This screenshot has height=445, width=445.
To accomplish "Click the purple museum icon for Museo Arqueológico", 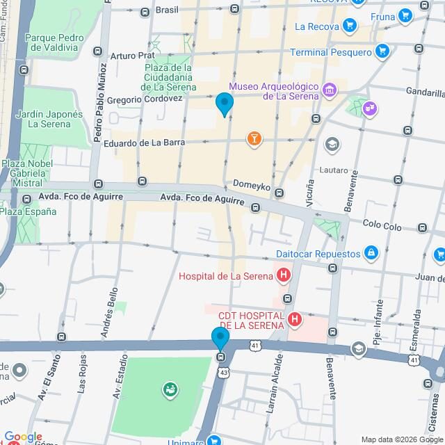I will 330,90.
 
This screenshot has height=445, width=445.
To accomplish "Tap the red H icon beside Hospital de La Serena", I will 283,276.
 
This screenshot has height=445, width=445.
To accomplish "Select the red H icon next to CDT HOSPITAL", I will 295,320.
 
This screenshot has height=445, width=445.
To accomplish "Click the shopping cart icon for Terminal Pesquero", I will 381,51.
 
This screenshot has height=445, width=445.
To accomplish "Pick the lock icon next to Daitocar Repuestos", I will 371,254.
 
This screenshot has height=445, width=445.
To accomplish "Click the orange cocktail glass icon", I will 254,139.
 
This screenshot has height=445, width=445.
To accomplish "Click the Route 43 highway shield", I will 224,373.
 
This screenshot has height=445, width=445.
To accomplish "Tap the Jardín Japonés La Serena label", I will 49,119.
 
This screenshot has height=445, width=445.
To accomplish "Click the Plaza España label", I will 28,211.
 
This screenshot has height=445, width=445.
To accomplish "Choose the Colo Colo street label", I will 382,226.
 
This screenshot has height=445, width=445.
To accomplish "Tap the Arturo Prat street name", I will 132,55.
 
